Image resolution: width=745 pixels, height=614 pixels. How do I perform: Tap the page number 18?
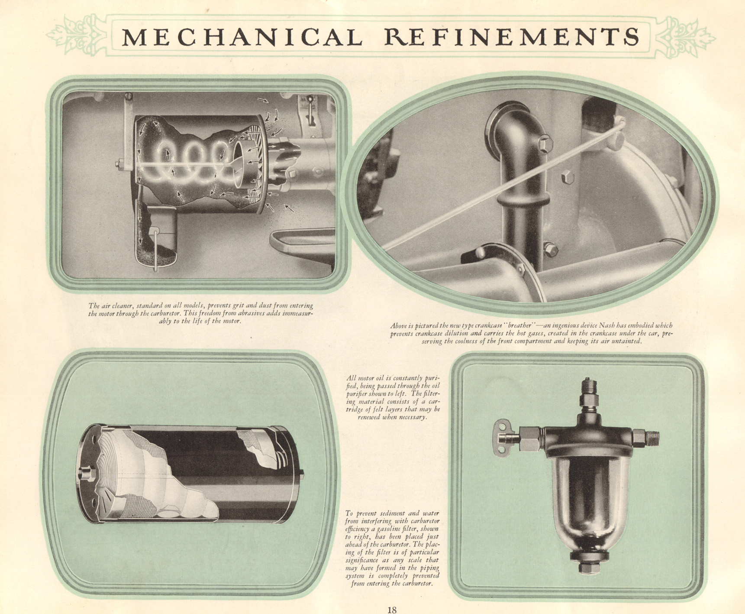coord(392,609)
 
